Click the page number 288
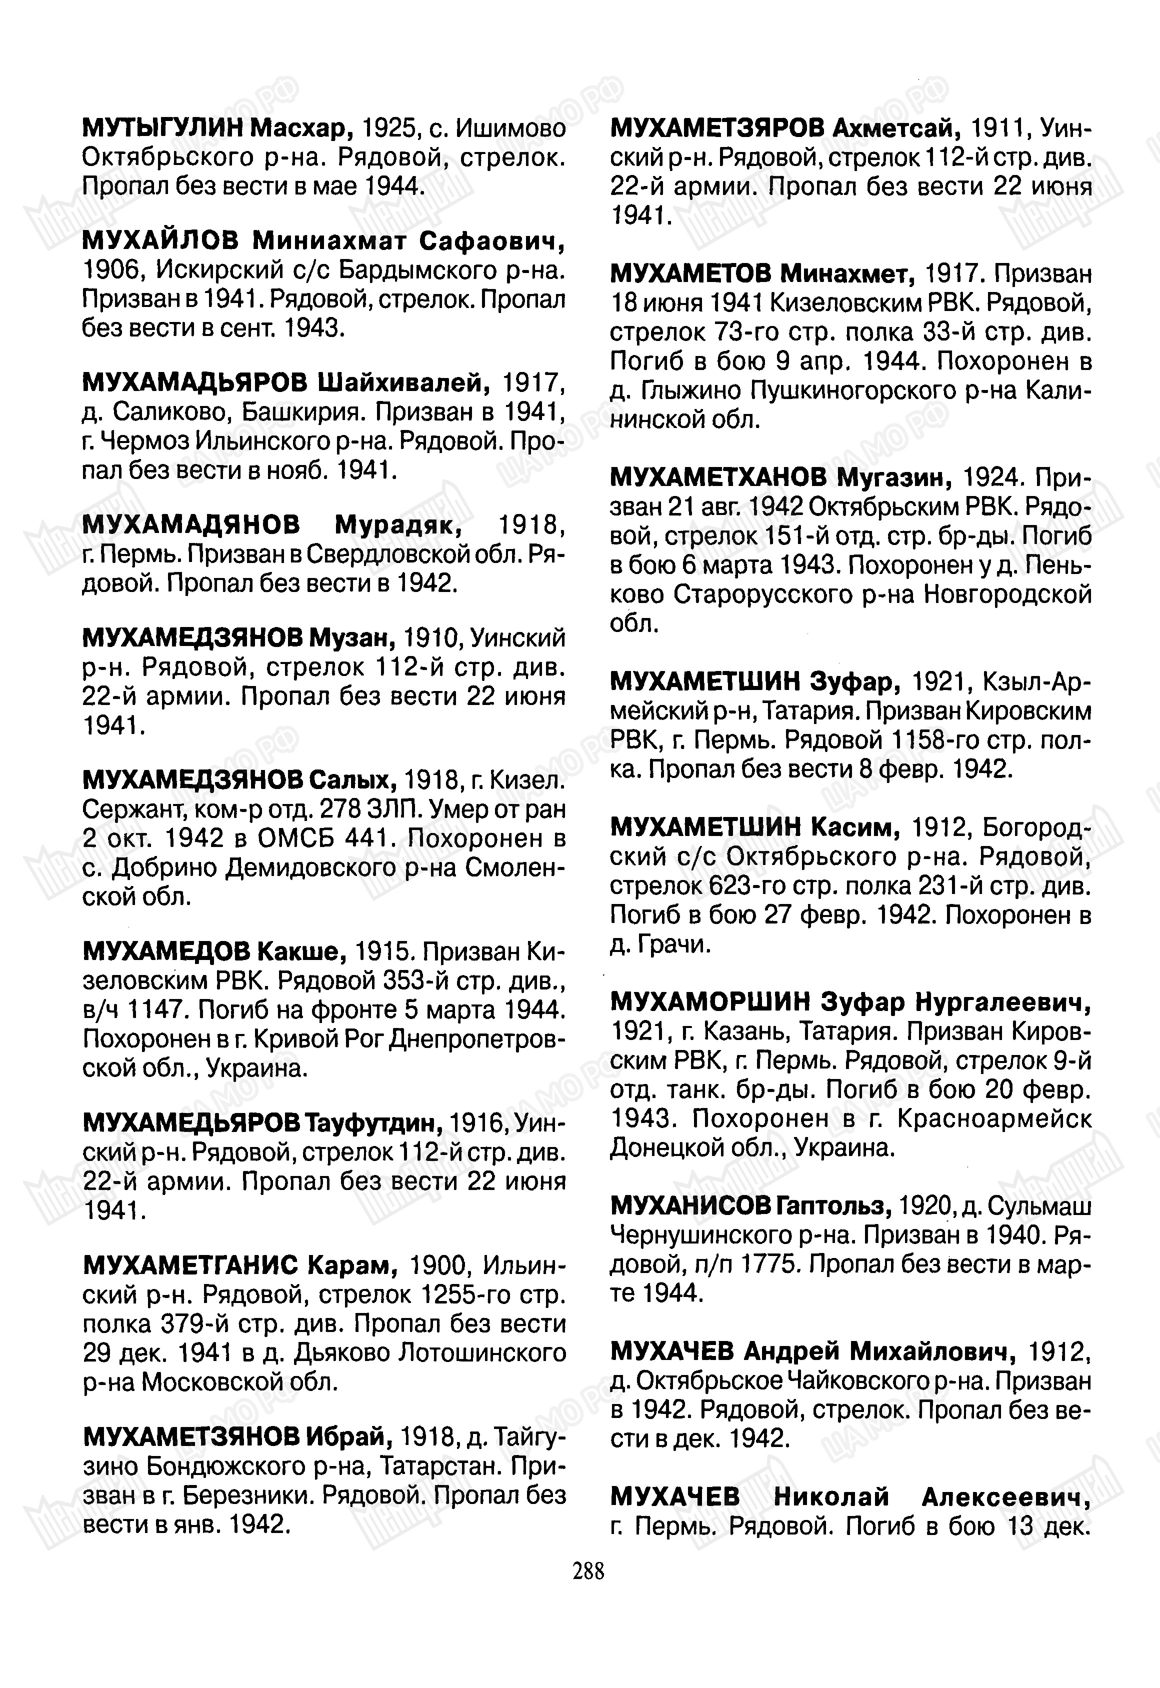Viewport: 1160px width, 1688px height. (x=588, y=1571)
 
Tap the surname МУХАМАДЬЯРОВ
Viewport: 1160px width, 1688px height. (x=195, y=383)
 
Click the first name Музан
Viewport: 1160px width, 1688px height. (x=352, y=638)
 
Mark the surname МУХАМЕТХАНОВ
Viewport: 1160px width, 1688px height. (x=718, y=477)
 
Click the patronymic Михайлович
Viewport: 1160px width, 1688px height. (x=932, y=1351)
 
